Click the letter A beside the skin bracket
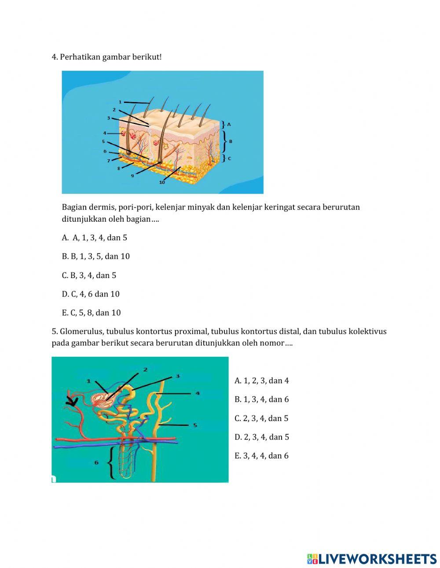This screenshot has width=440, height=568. coord(229,125)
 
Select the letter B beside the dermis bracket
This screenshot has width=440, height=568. coord(231,141)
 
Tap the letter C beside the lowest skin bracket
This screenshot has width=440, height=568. coord(229,158)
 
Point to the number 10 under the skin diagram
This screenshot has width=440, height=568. coord(162,182)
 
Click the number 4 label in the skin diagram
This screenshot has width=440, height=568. coord(105,133)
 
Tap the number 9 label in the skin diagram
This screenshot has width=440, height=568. coord(132,175)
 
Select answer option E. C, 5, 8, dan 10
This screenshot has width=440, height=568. coord(91,313)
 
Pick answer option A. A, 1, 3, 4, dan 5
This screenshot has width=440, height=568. coord(95,238)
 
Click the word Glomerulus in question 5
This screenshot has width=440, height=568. coord(81,331)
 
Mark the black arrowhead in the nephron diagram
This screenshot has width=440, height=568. coord(71,401)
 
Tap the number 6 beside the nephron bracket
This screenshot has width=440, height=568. coord(97,462)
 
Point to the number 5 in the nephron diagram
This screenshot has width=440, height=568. coord(195,425)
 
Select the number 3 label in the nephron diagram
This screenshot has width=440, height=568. coord(178,376)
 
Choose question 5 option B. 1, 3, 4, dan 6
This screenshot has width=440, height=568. coord(261,399)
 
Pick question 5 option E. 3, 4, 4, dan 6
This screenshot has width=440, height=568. coord(261,456)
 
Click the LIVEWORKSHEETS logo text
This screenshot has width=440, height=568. coord(377,559)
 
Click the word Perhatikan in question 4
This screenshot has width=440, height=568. coord(80,57)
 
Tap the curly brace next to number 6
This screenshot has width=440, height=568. coord(112,462)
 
